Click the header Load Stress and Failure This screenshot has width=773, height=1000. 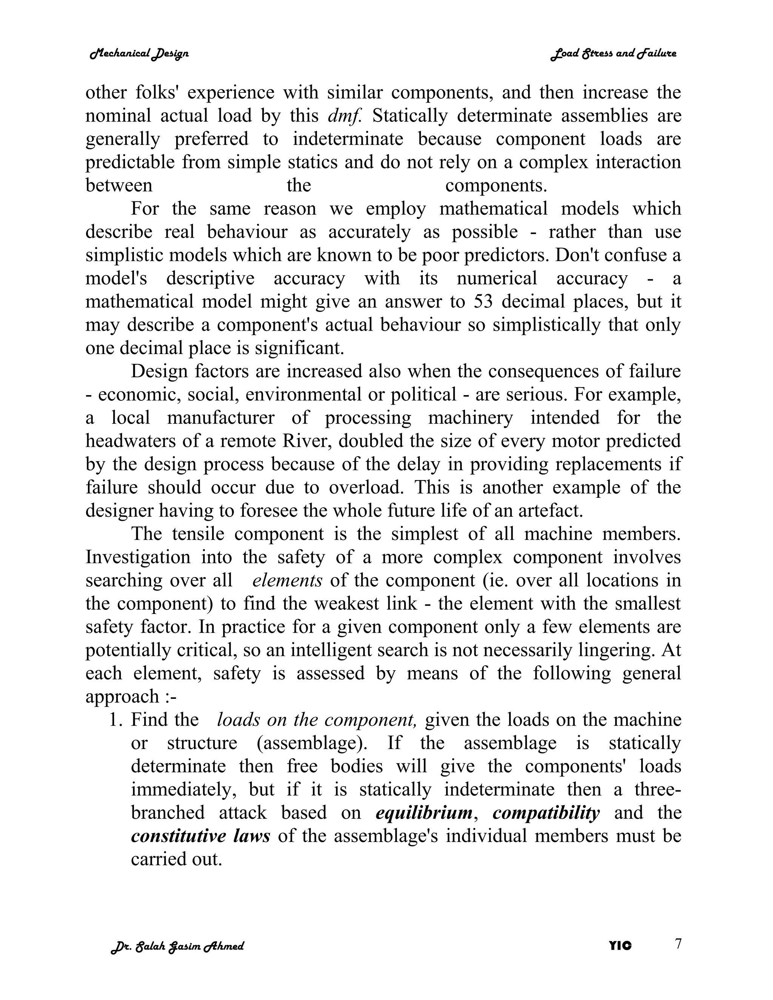point(613,54)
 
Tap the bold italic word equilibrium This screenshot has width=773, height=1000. point(424,813)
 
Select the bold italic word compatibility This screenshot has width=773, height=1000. point(546,813)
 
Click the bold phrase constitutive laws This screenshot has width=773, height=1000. point(200,836)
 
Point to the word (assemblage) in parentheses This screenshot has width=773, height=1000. point(312,743)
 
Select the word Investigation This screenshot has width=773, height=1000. point(138,557)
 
